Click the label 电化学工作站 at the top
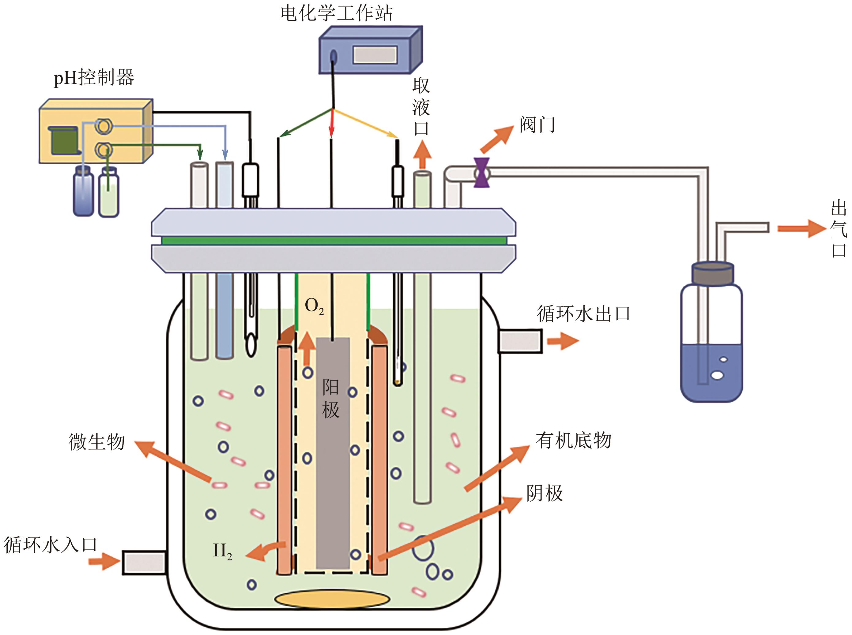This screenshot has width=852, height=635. (336, 13)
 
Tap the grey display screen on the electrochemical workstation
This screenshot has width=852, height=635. (375, 54)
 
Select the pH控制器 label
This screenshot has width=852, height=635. (94, 78)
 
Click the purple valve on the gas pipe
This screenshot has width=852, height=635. (481, 173)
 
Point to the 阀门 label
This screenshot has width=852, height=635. (537, 124)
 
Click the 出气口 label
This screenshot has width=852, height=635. (839, 229)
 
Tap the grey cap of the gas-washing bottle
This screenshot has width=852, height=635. (712, 274)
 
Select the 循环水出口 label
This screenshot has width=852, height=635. (583, 314)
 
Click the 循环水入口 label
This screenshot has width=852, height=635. (50, 545)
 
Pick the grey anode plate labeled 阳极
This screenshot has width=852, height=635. (333, 454)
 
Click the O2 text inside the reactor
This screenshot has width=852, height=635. (314, 306)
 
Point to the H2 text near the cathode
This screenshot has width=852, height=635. (222, 551)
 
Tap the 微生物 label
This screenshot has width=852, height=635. (96, 442)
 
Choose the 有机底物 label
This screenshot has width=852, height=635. (573, 440)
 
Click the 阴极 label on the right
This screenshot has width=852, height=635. (545, 493)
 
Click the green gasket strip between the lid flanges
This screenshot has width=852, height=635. (333, 241)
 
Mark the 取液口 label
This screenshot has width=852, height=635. (421, 106)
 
